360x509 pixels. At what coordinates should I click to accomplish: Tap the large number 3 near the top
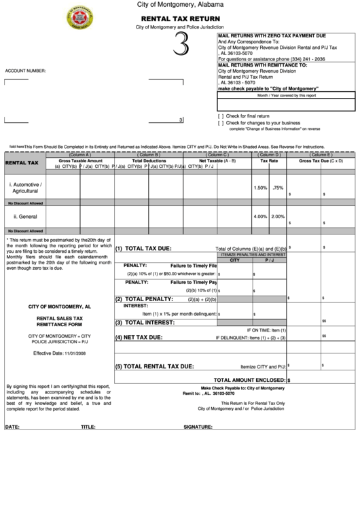[x=180, y=47]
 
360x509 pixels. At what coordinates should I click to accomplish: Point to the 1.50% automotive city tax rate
[x=260, y=188]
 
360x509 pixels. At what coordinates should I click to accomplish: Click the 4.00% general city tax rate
[x=260, y=217]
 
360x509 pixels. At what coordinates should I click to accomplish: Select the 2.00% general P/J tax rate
[x=278, y=217]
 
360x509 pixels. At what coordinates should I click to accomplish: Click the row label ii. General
[x=25, y=217]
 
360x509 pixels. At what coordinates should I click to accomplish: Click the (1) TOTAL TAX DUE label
[x=143, y=249]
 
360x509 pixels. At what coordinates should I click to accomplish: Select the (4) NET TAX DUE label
[x=139, y=337]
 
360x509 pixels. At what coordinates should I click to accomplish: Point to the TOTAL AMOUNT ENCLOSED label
[x=249, y=381]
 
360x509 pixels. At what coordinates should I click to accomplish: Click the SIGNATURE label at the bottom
[x=198, y=427]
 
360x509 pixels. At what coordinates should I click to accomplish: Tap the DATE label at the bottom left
[x=12, y=427]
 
